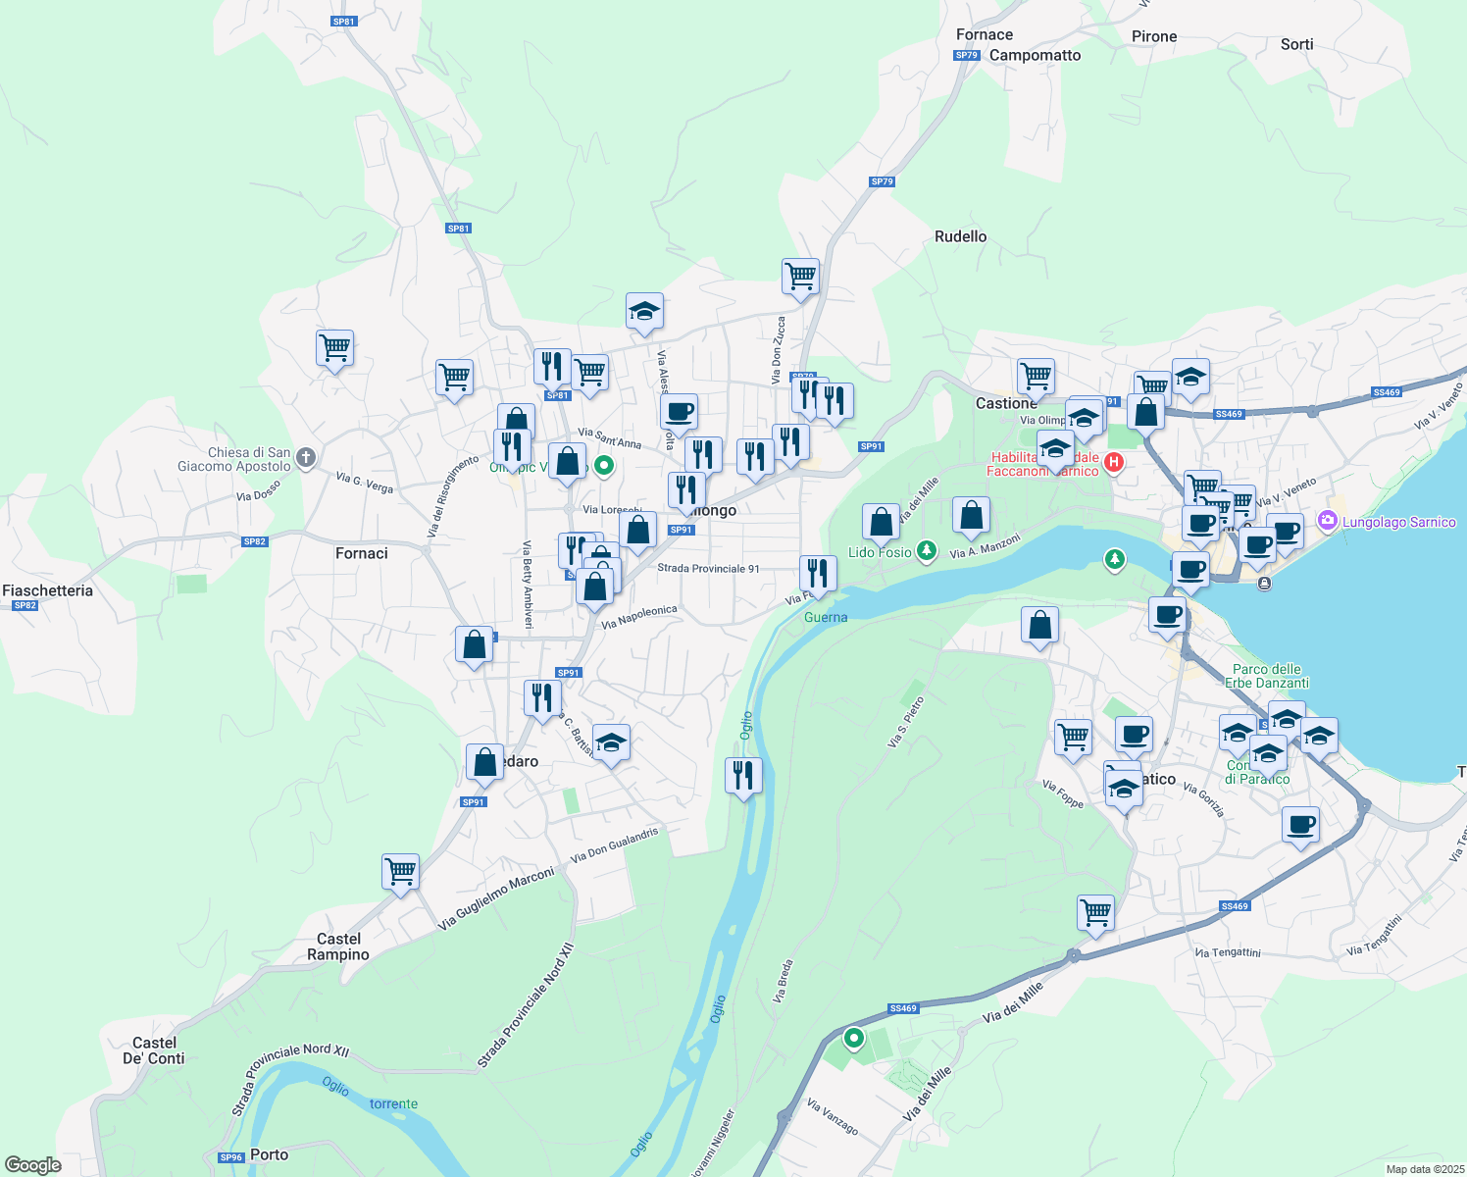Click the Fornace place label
[985, 35]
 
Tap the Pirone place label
[1154, 37]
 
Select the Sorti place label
[1296, 45]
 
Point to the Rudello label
[960, 237]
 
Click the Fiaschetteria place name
[48, 590]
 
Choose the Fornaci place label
[362, 554]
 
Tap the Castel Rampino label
[338, 947]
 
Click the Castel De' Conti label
[154, 1051]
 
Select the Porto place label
[270, 1155]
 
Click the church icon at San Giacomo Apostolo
[306, 457]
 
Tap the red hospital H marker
[1113, 462]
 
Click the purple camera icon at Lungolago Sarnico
[1328, 521]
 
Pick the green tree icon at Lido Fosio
[926, 551]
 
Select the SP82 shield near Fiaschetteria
[25, 606]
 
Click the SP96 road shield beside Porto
[230, 1157]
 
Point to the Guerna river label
[826, 618]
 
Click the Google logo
[33, 1165]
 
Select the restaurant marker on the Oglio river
[743, 775]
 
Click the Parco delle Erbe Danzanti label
[1267, 676]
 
